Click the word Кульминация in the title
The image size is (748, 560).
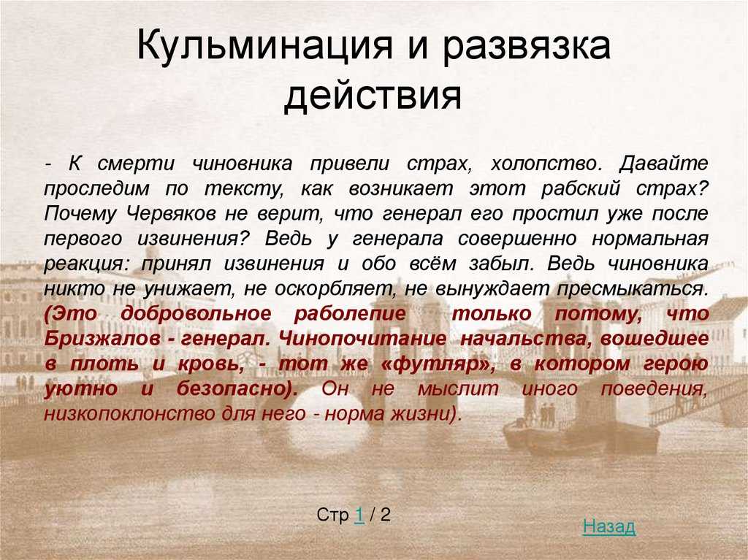click(x=264, y=46)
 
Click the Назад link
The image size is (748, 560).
click(x=609, y=526)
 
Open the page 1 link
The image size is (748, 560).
click(x=359, y=515)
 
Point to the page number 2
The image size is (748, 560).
click(x=386, y=515)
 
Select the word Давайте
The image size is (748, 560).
click(x=663, y=163)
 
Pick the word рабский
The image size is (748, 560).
click(x=581, y=188)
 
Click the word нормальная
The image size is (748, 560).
click(x=650, y=239)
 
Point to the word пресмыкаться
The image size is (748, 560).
click(x=633, y=288)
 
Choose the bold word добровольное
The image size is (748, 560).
click(x=196, y=314)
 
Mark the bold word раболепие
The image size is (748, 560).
click(x=350, y=314)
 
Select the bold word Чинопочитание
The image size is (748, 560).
click(x=362, y=340)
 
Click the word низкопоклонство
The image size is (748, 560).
click(x=129, y=413)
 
